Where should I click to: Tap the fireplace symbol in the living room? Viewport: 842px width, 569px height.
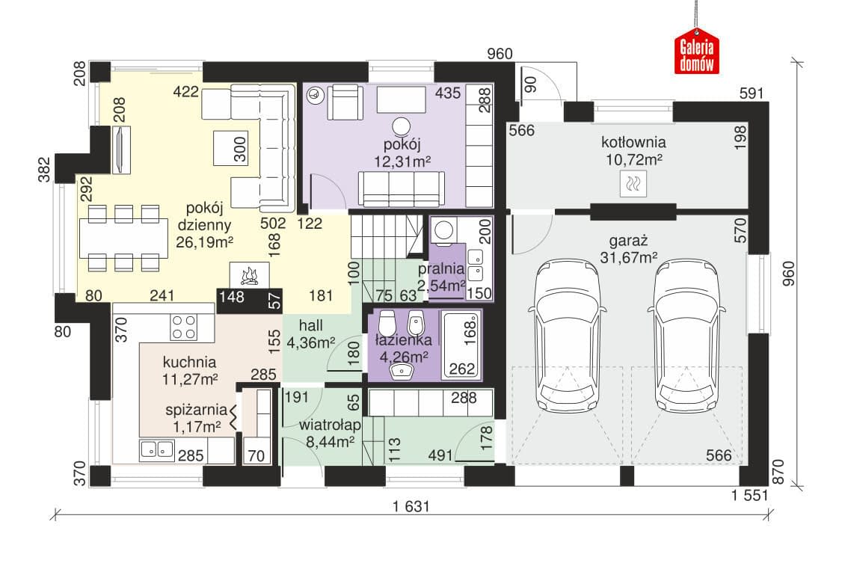249,275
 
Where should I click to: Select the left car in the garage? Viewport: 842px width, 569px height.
567,336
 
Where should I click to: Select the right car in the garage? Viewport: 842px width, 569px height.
686,336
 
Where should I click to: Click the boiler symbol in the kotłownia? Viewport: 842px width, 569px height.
633,184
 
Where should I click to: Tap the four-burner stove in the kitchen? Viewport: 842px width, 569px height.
184,327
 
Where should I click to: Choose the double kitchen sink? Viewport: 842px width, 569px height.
157,450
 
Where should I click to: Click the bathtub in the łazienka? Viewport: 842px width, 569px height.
460,345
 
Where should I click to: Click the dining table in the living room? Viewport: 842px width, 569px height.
123,239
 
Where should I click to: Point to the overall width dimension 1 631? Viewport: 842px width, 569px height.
411,506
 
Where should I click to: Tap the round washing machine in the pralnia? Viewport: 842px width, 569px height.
443,230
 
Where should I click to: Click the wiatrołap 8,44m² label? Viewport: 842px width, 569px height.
330,433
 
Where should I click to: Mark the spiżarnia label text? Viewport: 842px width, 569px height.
196,410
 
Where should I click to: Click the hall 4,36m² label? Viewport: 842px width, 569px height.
311,333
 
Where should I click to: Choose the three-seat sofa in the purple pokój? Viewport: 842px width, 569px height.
401,189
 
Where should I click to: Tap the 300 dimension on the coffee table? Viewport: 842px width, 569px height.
239,149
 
